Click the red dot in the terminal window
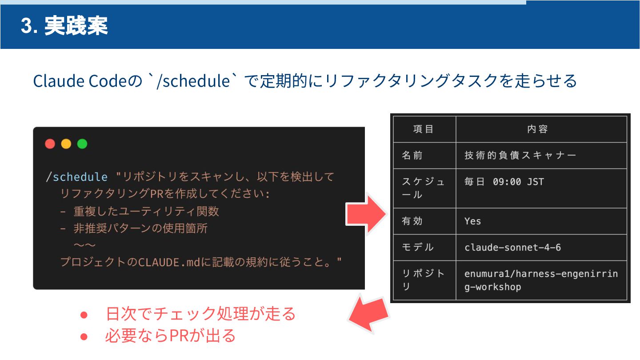pos(50,144)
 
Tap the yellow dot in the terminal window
pos(66,144)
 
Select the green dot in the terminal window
pos(82,144)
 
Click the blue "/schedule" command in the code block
pos(77,177)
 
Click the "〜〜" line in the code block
pos(84,245)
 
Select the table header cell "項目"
pos(424,129)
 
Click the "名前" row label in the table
pos(412,156)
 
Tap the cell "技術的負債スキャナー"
pos(520,156)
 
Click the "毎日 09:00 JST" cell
pos(504,182)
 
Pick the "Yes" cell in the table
pos(473,221)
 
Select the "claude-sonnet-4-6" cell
pos(512,247)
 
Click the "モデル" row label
pos(417,247)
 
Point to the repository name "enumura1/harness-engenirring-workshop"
pos(541,280)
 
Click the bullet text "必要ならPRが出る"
pos(170,336)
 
